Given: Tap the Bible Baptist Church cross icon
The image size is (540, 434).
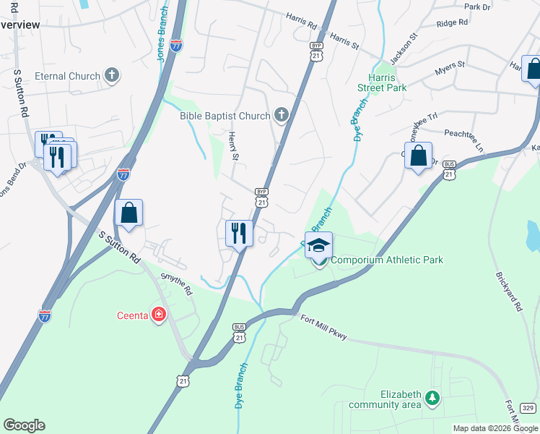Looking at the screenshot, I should point(281,115).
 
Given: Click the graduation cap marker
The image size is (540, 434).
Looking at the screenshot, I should point(318,245).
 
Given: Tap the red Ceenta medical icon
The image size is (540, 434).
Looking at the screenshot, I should point(158,315).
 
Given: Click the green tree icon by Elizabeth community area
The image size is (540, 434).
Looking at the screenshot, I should point(432,397).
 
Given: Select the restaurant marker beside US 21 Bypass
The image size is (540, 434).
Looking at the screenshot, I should point(239,233).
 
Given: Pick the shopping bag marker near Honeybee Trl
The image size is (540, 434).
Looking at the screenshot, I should point(418,156).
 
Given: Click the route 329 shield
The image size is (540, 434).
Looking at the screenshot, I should point(528,409).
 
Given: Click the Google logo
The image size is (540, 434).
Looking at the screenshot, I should point(24,425).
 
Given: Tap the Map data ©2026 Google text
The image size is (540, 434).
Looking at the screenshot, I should point(495,428).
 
